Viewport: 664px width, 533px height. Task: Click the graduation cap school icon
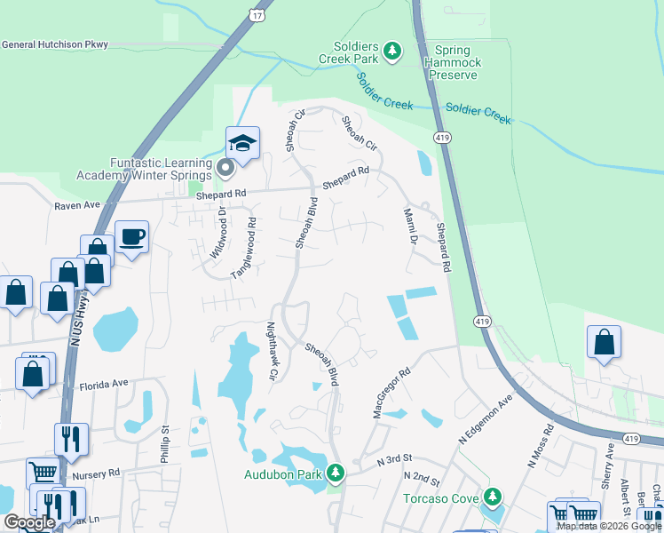pyautogui.click(x=242, y=142)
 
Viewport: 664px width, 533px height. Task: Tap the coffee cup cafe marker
pyautogui.click(x=131, y=237)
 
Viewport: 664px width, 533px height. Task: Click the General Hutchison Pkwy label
pyautogui.click(x=54, y=44)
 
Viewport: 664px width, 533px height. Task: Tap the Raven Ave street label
pyautogui.click(x=78, y=204)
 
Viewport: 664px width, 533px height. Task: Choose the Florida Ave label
pyautogui.click(x=105, y=385)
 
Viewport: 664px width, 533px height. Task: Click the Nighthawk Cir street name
pyautogui.click(x=273, y=352)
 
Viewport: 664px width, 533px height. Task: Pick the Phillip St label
pyautogui.click(x=165, y=441)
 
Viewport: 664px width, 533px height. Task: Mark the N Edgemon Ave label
pyautogui.click(x=486, y=421)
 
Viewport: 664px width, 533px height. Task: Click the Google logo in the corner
pyautogui.click(x=29, y=522)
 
